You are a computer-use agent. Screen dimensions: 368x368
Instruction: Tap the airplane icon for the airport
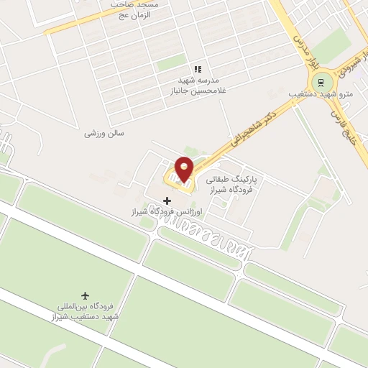coord(86,296)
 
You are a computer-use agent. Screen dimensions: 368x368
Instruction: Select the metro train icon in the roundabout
coord(321,80)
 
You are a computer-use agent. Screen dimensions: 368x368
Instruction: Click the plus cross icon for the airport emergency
coord(167,201)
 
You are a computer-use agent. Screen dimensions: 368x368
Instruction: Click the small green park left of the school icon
coord(170,63)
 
